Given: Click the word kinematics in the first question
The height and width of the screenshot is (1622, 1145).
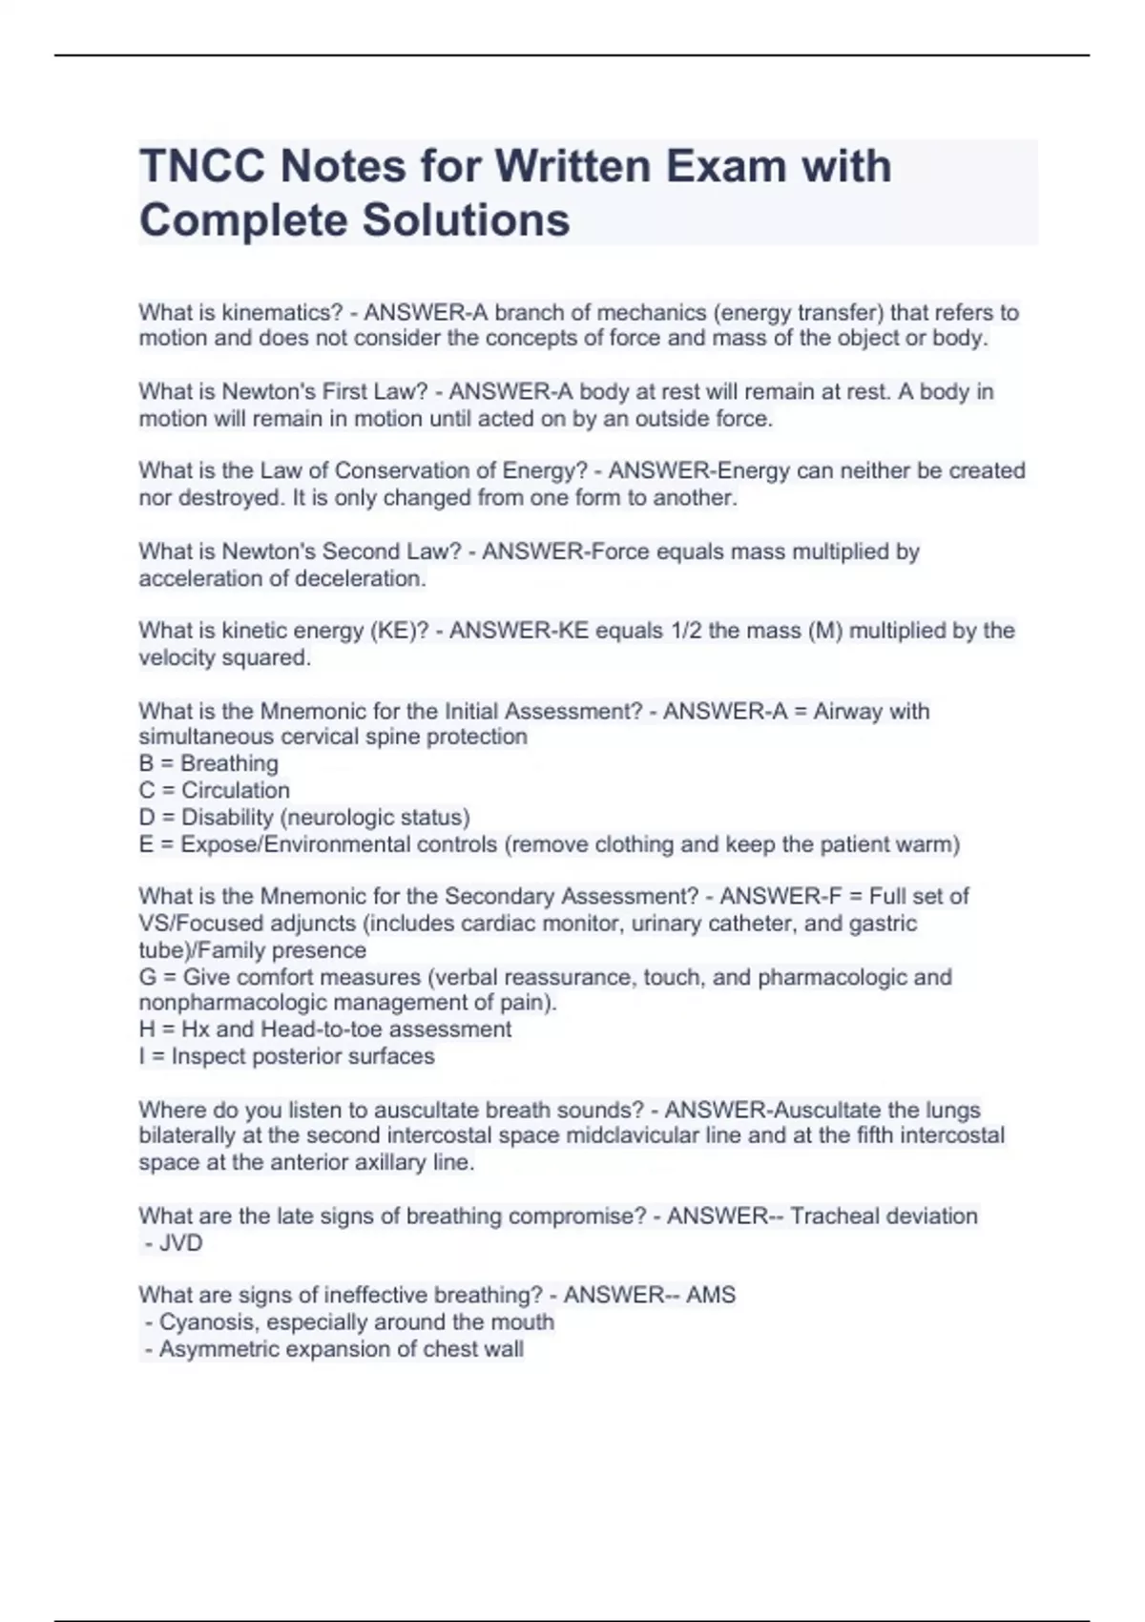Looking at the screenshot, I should tap(281, 312).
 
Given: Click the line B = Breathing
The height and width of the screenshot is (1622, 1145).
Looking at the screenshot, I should tap(209, 763).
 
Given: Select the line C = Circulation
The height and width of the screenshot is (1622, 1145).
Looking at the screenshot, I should tap(215, 790).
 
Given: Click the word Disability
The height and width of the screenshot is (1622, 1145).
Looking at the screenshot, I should tap(227, 818).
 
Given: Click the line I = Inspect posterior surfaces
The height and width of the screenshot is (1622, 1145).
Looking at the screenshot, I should tap(286, 1056).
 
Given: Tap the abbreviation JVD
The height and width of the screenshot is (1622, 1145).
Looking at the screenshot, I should tap(180, 1243).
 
